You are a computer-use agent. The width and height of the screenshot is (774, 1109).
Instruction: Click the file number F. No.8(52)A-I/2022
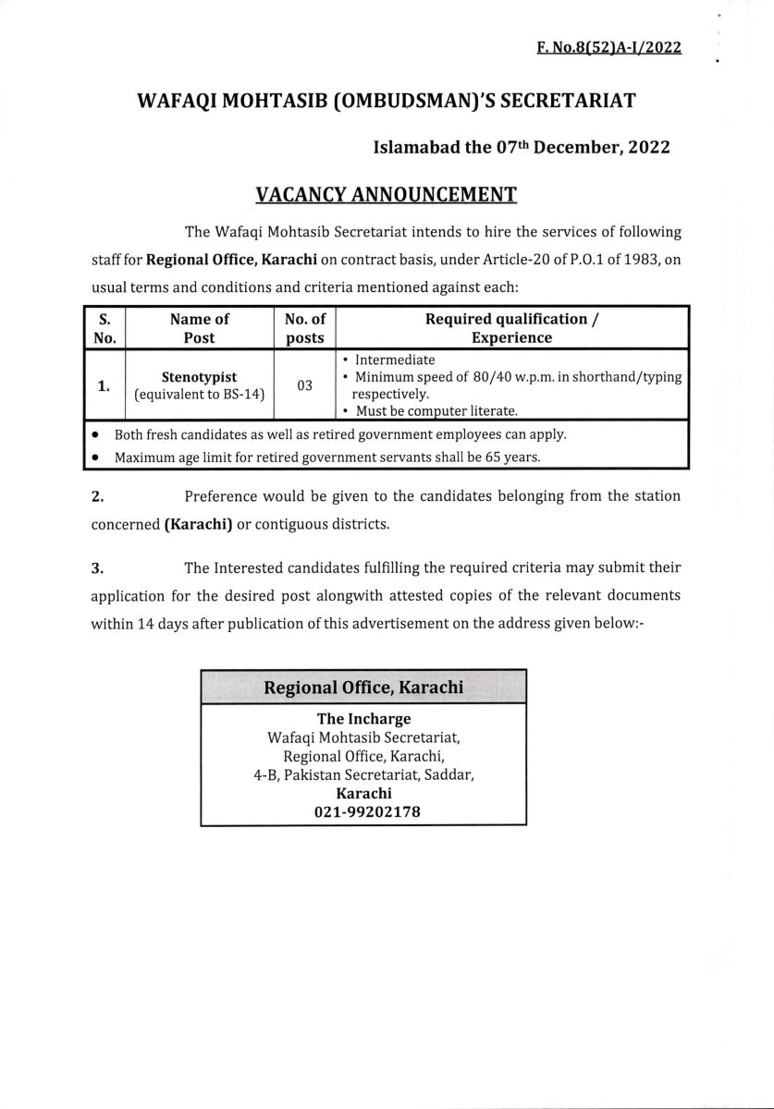pos(608,48)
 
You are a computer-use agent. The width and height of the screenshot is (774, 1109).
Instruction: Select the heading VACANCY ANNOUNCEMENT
pos(386,194)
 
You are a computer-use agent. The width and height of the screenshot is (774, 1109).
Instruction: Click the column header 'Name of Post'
pos(199,328)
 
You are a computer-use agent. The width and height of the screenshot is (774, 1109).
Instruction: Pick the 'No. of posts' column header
pos(305,328)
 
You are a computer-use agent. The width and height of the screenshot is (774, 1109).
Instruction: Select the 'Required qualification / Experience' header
pos(511,328)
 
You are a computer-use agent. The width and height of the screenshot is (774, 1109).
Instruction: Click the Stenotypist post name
pos(200,377)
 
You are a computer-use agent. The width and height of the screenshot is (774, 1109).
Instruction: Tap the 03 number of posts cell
pos(305,384)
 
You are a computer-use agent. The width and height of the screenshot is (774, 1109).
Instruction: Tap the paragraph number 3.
pos(97,567)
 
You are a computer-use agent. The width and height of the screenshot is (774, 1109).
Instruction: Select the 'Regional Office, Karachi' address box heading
pos(363,688)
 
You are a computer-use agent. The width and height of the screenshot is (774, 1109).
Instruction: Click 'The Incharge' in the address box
pos(363,718)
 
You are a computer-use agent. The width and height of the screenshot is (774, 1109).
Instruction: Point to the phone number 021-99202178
pos(363,810)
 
